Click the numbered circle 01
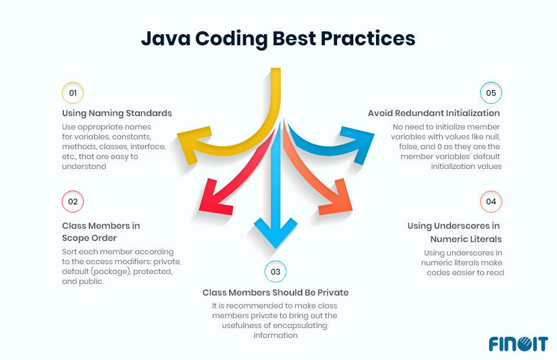73,93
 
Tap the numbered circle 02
73,201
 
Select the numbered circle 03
276,271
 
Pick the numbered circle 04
491,201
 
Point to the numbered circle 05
491,93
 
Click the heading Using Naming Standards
117,113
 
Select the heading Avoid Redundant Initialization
433,113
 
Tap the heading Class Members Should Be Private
276,292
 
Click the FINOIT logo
518,343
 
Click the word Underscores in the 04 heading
462,226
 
